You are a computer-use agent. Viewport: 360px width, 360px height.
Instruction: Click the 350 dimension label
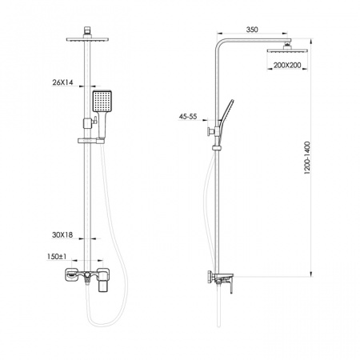[x=252, y=30]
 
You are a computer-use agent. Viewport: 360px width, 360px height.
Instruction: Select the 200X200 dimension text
[x=287, y=65]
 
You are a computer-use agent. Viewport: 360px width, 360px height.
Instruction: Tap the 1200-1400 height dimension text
[x=307, y=158]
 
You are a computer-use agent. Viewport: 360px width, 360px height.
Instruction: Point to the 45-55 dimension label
[x=188, y=116]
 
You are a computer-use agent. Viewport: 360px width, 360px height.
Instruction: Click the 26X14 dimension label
[x=62, y=82]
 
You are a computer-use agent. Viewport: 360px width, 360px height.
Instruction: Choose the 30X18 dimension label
[x=62, y=235]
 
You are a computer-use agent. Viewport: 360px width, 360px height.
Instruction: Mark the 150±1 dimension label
[x=57, y=257]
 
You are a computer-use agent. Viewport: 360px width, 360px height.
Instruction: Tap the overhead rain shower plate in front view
[x=87, y=39]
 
